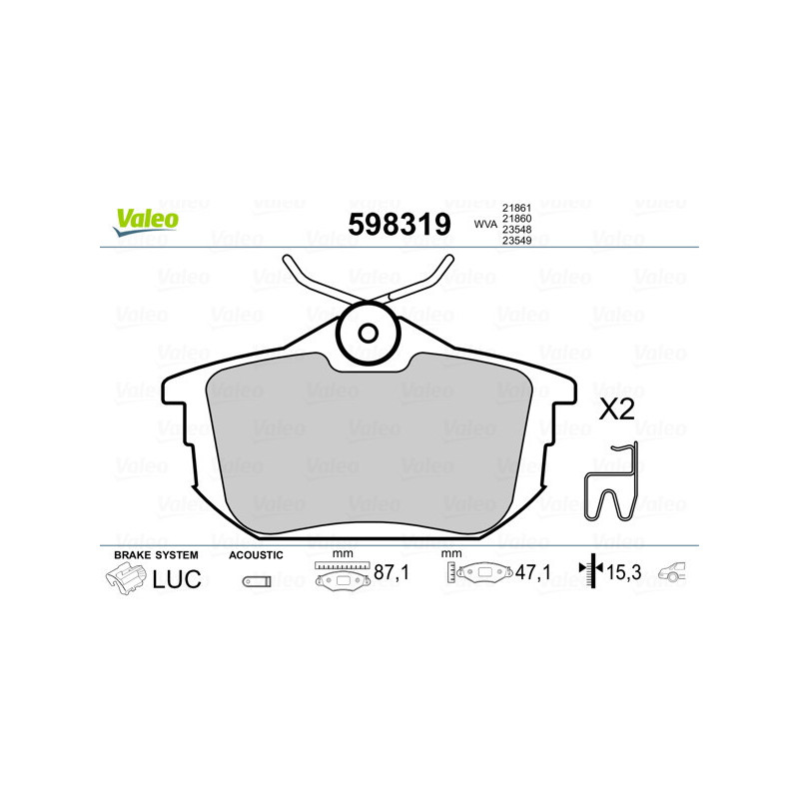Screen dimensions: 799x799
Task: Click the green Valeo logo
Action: [145, 221]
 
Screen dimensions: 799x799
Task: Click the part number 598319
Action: [399, 224]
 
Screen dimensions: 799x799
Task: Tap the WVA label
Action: [484, 226]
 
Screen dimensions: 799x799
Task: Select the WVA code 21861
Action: [515, 206]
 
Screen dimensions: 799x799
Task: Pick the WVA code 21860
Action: [515, 218]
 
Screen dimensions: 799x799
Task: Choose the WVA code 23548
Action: [515, 230]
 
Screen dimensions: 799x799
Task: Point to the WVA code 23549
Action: [515, 242]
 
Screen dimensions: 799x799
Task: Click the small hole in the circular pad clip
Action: [368, 334]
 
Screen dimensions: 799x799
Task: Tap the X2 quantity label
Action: [616, 408]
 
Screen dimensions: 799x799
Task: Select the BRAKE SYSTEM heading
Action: [156, 554]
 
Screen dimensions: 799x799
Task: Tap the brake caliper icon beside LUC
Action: [126, 578]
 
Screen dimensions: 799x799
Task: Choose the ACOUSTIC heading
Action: [256, 554]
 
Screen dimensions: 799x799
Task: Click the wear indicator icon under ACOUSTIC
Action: [256, 580]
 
